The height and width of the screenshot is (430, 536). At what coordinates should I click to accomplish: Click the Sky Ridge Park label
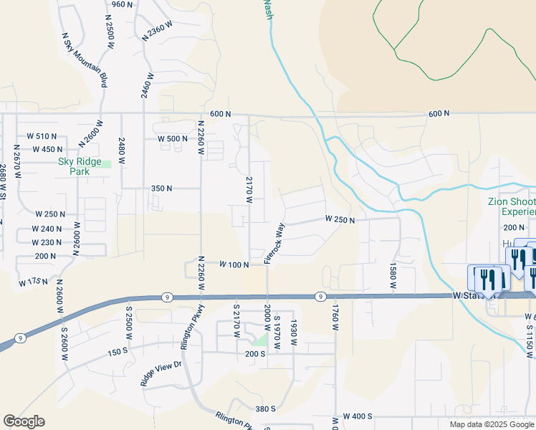(80, 167)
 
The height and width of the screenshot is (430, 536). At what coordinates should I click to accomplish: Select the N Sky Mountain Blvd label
(84, 60)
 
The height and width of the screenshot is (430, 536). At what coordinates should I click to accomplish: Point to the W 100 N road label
(234, 264)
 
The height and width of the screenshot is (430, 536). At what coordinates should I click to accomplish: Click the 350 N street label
(161, 188)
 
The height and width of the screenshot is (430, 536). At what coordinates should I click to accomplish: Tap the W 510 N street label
(42, 136)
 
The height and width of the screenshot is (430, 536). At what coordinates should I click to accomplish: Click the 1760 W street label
(334, 317)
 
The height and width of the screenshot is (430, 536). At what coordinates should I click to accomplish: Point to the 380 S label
(266, 408)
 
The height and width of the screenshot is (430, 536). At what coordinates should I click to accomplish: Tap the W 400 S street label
(358, 416)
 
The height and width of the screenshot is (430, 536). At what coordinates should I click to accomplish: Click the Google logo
(24, 421)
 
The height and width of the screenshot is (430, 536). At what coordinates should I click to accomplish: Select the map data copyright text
(492, 424)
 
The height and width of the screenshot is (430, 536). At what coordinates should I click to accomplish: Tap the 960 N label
(123, 4)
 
